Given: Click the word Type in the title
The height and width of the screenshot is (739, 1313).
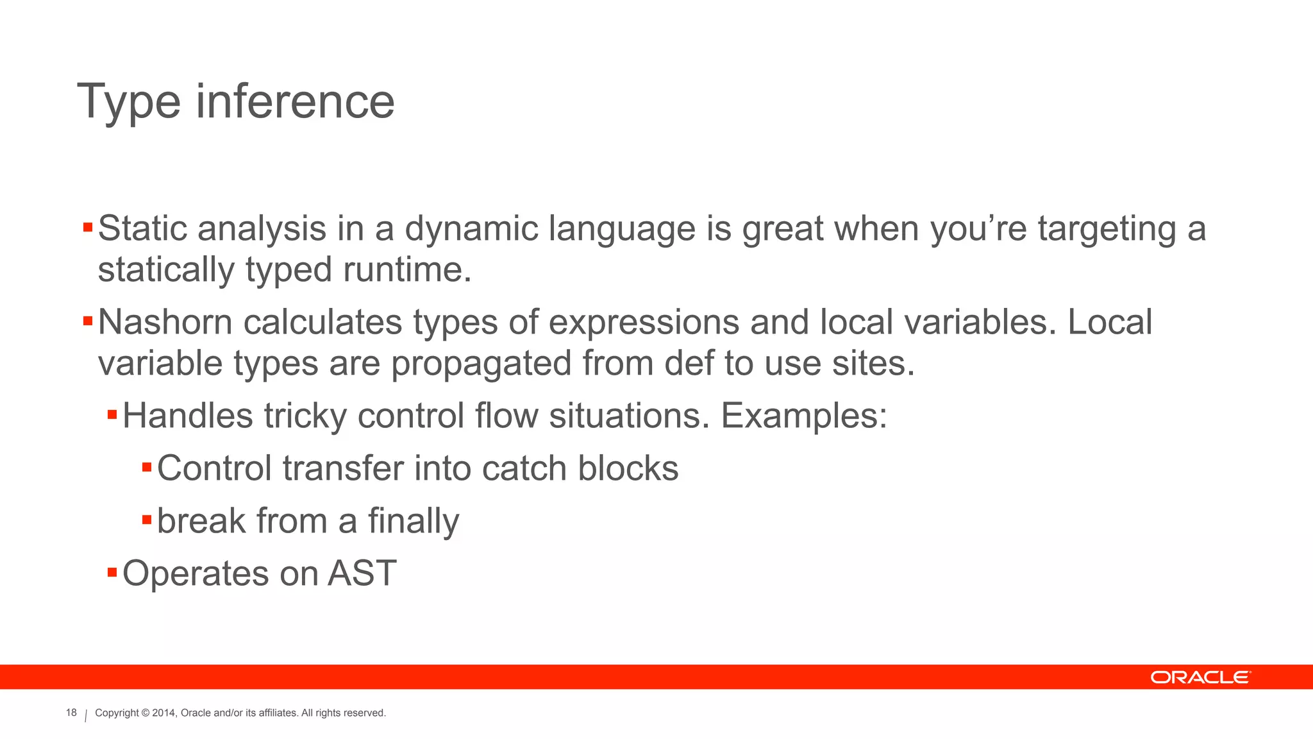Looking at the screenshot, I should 128,103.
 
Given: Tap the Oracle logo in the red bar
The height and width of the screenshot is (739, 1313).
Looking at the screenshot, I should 1200,677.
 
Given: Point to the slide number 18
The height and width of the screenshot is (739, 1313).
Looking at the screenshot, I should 71,713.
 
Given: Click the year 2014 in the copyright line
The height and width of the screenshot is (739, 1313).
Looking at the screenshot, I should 163,713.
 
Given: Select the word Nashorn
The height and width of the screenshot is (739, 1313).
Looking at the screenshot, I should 165,322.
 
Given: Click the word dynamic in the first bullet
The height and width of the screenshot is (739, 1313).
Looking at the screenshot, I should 471,229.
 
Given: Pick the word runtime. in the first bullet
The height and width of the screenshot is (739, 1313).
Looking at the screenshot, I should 407,269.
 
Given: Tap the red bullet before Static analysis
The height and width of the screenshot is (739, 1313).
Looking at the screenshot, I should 88,227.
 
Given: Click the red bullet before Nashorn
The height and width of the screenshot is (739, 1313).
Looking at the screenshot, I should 88,321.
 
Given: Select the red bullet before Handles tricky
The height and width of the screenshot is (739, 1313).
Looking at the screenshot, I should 112,414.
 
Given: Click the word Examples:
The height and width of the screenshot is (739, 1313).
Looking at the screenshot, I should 804,416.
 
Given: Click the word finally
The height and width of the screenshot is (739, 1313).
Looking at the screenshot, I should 414,521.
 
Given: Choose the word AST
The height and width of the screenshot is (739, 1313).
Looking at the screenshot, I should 362,573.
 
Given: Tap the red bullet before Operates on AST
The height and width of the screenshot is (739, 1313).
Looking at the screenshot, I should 112,572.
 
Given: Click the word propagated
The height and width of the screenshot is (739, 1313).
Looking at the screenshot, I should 481,364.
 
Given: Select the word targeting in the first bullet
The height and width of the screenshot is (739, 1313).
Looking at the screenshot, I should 1107,229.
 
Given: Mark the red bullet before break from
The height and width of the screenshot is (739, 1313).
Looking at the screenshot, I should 147,519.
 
